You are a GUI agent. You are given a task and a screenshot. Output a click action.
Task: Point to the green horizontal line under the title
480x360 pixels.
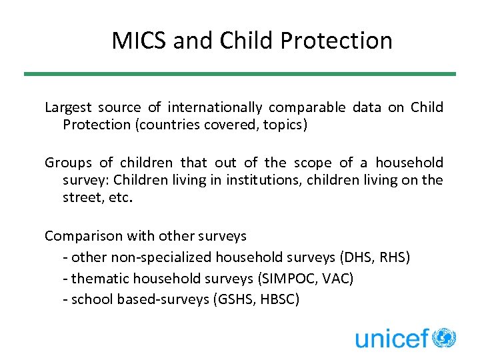point(240,74)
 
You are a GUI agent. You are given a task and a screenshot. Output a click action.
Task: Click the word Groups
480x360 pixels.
point(67,163)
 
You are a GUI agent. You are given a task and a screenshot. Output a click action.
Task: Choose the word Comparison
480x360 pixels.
point(83,236)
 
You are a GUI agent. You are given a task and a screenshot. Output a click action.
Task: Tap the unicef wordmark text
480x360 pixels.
point(391,339)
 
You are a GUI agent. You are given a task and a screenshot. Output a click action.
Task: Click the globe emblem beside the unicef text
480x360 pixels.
point(444,337)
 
